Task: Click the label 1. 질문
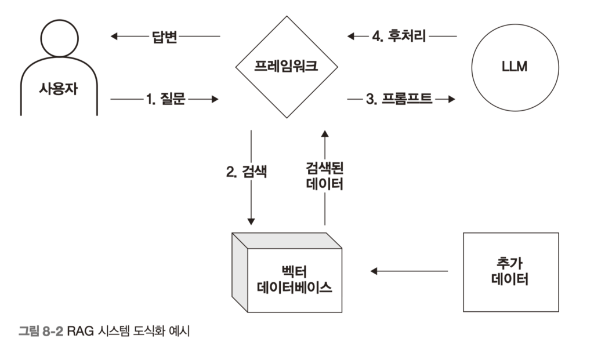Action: click(x=164, y=99)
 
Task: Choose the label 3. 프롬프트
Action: click(x=399, y=99)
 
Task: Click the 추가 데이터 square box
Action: click(x=510, y=272)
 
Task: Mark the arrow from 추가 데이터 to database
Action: click(x=409, y=271)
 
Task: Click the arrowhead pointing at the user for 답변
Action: click(x=114, y=37)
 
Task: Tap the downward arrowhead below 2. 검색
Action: click(x=251, y=221)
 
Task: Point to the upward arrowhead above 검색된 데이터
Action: click(x=324, y=133)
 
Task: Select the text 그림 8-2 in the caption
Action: click(x=40, y=332)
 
